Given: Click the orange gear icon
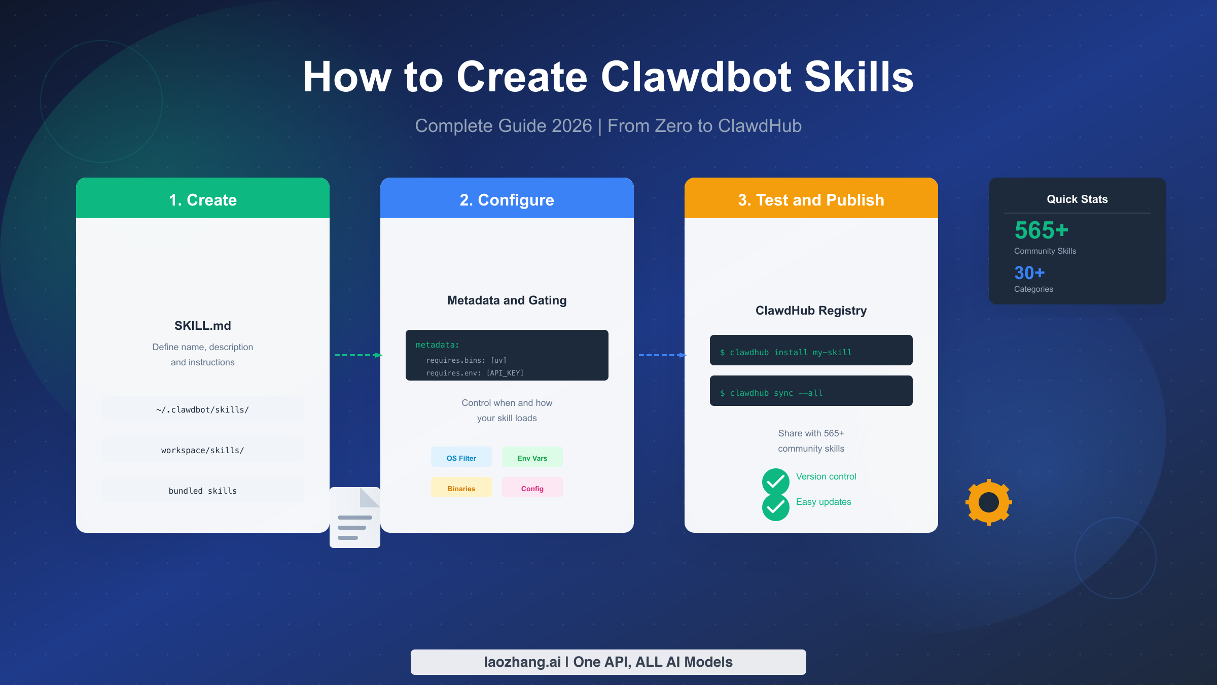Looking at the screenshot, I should (988, 502).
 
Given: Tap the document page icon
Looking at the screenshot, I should (355, 518).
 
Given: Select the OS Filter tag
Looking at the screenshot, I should (461, 458).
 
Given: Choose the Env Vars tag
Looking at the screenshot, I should (532, 458).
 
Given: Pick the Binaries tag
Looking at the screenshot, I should (461, 488).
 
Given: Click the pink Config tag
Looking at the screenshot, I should (532, 488).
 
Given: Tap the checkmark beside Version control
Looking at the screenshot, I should (775, 482).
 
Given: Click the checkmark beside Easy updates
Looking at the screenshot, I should (775, 507).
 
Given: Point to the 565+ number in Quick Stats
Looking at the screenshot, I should (1042, 230).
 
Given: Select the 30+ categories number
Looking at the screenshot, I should (1029, 273).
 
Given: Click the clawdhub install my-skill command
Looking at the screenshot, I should (811, 351).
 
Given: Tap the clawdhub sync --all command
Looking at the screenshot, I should (811, 392).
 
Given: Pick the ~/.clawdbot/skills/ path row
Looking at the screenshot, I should (203, 409).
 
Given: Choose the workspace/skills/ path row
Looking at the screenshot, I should (203, 450).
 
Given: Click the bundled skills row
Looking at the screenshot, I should (203, 491).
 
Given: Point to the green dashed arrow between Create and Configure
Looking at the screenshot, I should (357, 355).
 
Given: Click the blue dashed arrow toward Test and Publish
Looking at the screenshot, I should (662, 355).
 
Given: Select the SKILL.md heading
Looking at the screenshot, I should (203, 326).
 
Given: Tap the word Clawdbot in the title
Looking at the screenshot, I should (696, 77).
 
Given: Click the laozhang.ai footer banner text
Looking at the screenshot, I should (608, 662).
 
